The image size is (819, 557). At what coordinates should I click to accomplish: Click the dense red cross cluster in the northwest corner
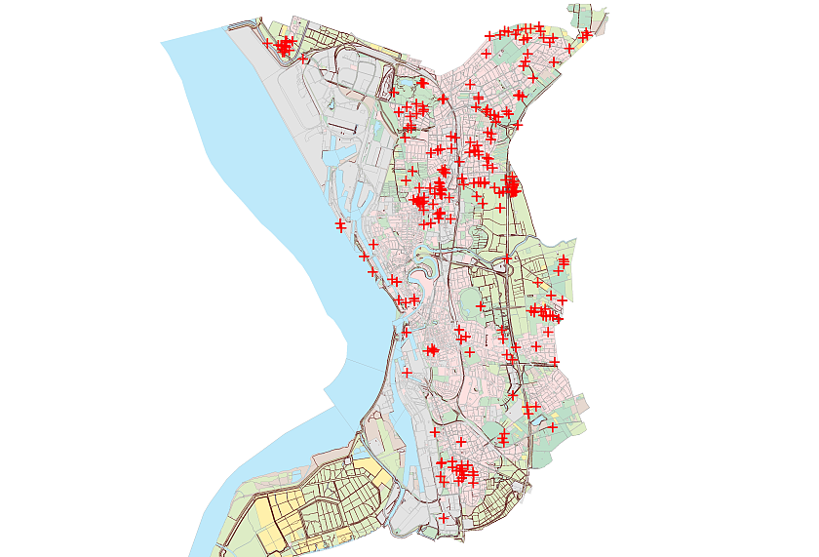point(284,46)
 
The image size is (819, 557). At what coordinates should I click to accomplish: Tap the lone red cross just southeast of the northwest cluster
point(304,60)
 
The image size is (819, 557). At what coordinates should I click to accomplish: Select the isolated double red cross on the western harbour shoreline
point(340,226)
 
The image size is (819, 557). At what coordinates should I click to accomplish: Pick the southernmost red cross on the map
point(444,519)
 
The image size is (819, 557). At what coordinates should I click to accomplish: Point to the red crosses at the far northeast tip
point(585,35)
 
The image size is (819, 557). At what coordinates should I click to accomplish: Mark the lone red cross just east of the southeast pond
point(552,427)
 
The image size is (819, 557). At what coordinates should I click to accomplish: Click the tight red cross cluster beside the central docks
point(432,349)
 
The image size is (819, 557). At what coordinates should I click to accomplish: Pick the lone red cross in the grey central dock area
point(407,373)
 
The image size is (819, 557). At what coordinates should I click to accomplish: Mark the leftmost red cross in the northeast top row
point(487,36)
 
